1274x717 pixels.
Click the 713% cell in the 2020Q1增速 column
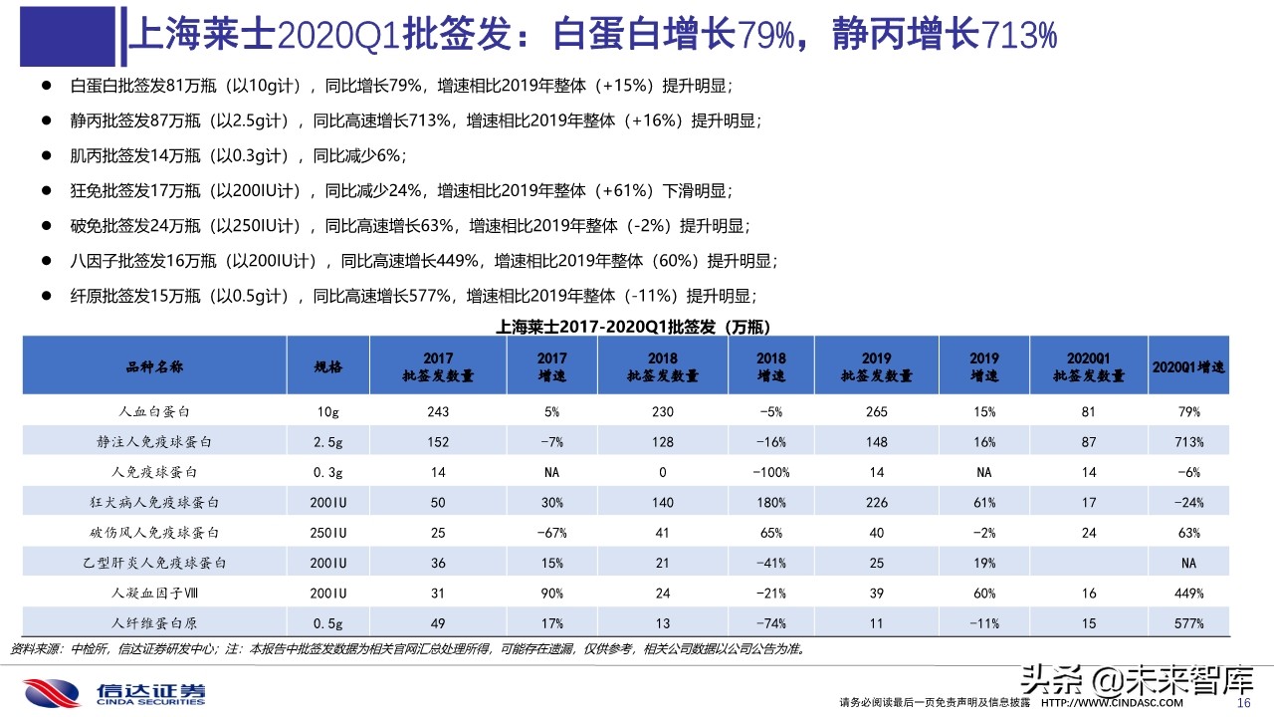click(1188, 442)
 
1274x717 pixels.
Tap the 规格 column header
click(328, 366)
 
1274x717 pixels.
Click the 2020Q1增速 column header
click(1188, 366)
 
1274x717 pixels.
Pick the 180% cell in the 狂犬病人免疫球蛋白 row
click(770, 503)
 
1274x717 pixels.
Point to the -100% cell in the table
click(770, 472)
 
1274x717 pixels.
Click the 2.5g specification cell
click(328, 442)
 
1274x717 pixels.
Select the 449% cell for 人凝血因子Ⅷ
click(1188, 594)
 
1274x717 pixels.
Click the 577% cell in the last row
click(1188, 623)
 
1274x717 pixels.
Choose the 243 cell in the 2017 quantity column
click(438, 411)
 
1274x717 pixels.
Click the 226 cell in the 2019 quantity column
click(876, 503)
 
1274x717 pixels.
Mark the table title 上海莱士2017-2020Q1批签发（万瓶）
click(633, 327)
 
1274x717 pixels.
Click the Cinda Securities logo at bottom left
click(114, 693)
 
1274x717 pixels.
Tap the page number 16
click(1242, 703)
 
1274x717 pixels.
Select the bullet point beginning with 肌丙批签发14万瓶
click(239, 156)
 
